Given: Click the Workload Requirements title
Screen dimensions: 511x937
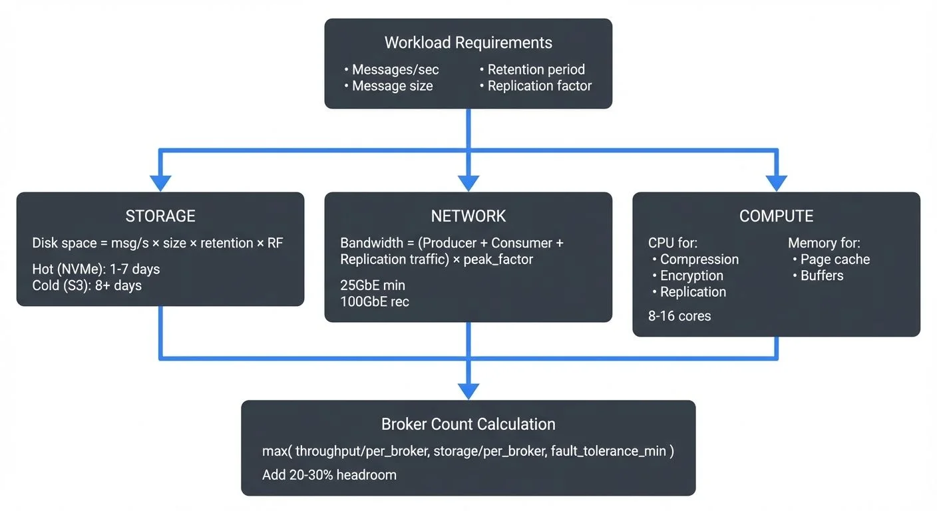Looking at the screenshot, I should tap(468, 43).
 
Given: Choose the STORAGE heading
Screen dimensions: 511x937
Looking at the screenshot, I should tap(160, 216).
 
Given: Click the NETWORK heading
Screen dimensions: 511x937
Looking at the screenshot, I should tap(468, 216).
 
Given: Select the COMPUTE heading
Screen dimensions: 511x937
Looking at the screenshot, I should tap(776, 216).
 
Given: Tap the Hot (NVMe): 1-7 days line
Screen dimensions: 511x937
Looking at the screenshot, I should tap(96, 269).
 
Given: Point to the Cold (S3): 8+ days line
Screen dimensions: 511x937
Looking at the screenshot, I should tap(87, 285).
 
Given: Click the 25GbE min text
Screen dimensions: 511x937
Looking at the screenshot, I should tap(373, 285).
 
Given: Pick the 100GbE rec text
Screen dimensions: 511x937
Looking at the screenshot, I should tap(375, 301).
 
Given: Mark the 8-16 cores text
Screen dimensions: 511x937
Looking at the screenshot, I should tap(679, 316).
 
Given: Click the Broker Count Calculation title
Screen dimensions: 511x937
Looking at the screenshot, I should tap(468, 425).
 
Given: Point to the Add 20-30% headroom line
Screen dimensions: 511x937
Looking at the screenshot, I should tap(329, 474).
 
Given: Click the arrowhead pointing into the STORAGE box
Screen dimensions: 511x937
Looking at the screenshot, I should tap(160, 183).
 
